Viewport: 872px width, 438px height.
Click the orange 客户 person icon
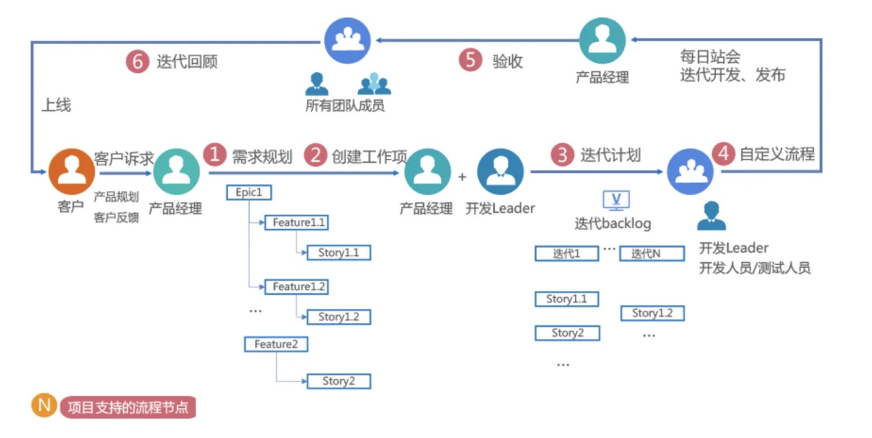72,172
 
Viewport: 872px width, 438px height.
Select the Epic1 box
249,193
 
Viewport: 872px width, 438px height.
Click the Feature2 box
276,344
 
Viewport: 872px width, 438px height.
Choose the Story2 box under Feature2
338,381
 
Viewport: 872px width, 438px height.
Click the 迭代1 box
567,254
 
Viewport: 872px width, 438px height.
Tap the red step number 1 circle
215,155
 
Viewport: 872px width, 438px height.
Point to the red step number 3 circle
562,155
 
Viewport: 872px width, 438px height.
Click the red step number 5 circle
470,60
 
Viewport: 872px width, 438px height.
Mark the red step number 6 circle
137,62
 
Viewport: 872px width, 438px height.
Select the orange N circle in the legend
44,405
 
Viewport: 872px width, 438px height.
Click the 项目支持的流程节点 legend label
128,407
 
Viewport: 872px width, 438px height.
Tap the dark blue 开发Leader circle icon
501,172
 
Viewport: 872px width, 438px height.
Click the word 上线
56,105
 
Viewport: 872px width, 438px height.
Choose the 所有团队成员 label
345,106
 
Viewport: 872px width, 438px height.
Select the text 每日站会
710,57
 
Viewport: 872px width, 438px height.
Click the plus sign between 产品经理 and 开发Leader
463,176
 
